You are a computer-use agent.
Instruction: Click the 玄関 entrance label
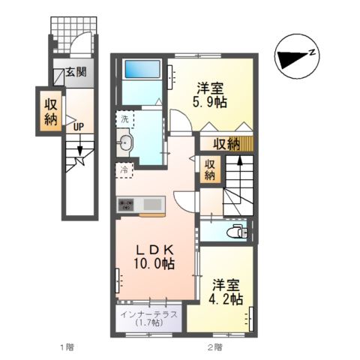click(74, 73)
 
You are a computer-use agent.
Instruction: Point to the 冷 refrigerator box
click(124, 169)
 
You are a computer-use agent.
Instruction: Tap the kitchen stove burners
click(125, 204)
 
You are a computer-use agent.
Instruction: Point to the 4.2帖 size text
click(226, 298)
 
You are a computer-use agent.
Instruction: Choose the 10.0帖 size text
click(155, 264)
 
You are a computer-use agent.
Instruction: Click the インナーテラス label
click(148, 314)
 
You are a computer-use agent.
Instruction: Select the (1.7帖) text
click(148, 325)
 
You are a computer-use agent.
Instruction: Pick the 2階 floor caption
click(215, 347)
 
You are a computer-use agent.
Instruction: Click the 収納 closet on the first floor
click(49, 109)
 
